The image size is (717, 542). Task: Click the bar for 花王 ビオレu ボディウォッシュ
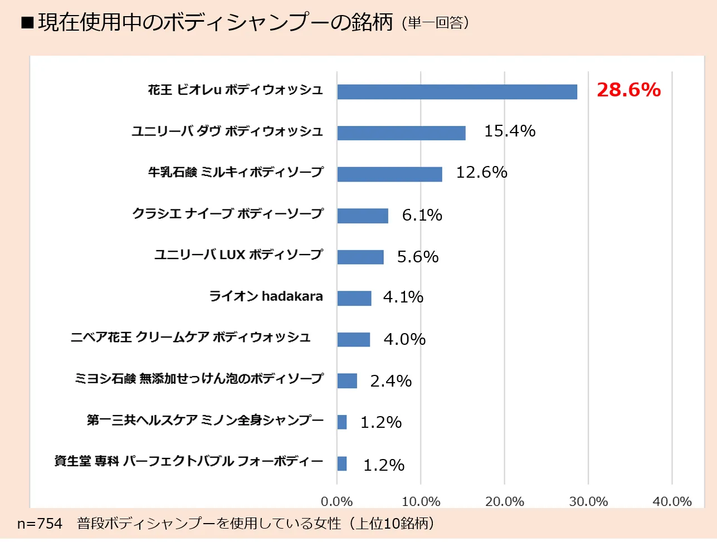point(457,92)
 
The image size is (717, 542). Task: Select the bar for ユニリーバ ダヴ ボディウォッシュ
point(401,133)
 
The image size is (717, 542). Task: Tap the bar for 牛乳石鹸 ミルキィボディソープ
point(389,174)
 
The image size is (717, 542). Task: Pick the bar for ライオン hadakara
point(354,298)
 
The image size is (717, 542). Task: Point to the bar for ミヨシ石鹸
point(347,380)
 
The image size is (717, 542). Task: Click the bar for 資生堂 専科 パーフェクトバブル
point(342,463)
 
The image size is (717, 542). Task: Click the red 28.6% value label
point(628,90)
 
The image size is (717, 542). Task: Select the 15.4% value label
point(509,131)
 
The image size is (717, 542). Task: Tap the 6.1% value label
point(422,215)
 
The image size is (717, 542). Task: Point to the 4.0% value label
point(404,339)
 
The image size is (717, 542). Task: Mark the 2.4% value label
point(391,381)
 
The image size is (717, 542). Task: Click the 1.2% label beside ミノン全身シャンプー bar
point(381,422)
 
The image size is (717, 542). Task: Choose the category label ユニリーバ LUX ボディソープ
point(238,255)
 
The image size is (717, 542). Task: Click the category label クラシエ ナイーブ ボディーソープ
point(227,213)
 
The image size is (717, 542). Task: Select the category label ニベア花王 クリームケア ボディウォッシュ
point(191,338)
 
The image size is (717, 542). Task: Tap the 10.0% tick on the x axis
point(421,502)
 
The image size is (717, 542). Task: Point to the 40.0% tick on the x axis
point(672,502)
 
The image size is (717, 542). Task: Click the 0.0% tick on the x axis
point(336,502)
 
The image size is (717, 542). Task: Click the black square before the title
point(27,23)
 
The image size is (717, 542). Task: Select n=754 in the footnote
point(40,524)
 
